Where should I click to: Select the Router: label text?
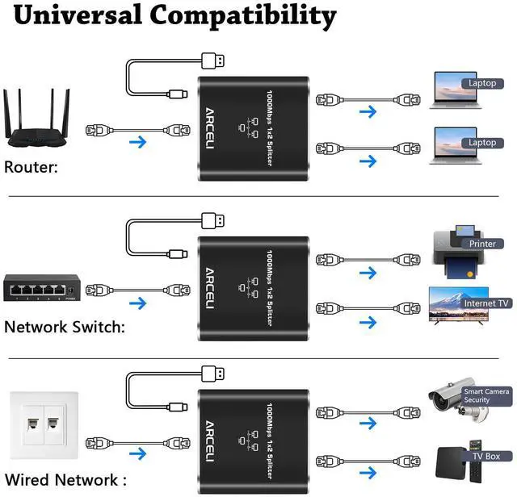31,168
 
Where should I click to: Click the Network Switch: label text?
65,327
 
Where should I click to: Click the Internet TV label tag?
486,303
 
